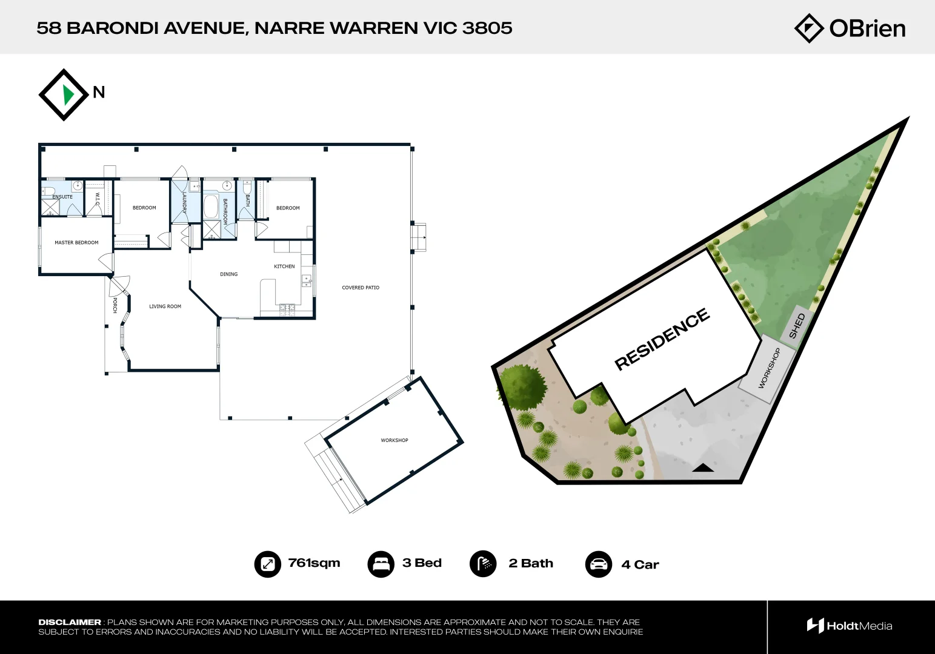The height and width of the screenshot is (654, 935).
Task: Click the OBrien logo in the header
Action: click(x=850, y=28)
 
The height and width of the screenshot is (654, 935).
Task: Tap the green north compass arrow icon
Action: click(x=68, y=95)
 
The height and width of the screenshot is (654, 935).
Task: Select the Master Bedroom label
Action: click(x=76, y=243)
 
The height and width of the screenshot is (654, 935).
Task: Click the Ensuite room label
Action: click(x=62, y=197)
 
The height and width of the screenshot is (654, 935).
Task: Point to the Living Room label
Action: click(x=165, y=306)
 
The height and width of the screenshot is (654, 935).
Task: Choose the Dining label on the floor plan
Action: click(x=228, y=274)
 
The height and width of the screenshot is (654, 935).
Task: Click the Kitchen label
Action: click(x=284, y=266)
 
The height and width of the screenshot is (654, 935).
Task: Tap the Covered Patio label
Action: click(x=361, y=288)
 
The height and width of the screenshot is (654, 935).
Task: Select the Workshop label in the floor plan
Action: click(x=394, y=440)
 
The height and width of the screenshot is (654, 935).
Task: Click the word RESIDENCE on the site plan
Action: click(x=662, y=339)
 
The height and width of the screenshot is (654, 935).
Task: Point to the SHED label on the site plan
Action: click(x=797, y=326)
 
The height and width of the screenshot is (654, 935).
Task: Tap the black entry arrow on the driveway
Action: click(x=703, y=467)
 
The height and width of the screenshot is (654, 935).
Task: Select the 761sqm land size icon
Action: click(x=267, y=564)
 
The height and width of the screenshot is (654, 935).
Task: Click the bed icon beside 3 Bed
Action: click(x=381, y=564)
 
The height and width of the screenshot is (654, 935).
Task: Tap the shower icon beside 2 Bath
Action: click(x=483, y=564)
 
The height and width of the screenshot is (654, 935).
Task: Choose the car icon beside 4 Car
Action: click(x=598, y=564)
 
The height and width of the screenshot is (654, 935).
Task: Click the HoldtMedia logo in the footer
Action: click(x=849, y=626)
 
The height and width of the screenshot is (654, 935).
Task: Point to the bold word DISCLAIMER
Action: click(x=70, y=622)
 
